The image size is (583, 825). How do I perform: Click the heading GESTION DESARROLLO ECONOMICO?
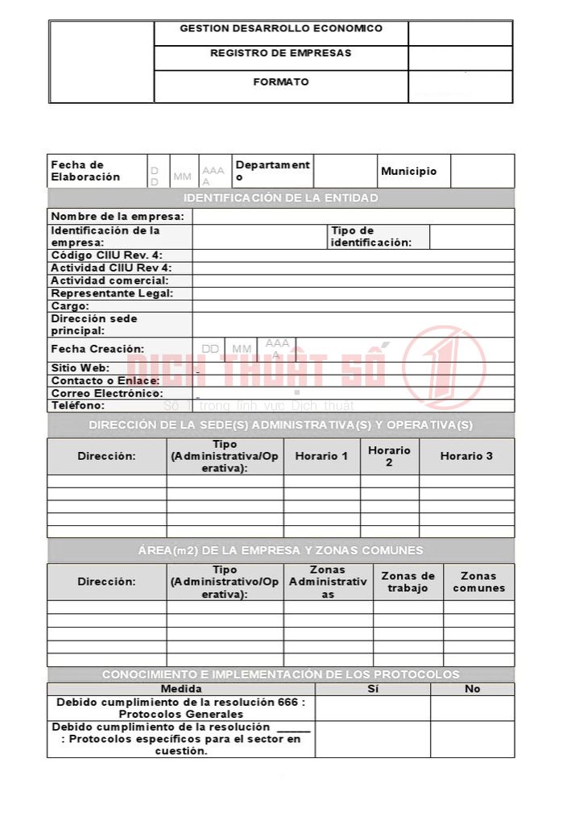click(280, 28)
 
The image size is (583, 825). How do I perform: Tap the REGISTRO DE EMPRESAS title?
click(280, 53)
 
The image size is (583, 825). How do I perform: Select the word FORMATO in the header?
click(280, 82)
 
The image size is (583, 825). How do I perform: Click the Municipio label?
click(409, 172)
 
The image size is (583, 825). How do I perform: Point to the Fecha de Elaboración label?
click(85, 171)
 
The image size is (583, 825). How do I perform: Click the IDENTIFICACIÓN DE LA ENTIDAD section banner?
click(280, 198)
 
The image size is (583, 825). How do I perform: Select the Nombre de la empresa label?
click(118, 217)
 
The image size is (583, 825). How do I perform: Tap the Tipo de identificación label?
click(370, 237)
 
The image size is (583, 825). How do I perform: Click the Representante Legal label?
click(112, 293)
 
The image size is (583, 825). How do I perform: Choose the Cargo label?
click(70, 306)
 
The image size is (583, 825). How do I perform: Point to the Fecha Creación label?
click(97, 349)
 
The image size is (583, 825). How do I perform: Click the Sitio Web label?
click(81, 368)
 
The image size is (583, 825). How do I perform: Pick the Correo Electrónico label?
click(107, 393)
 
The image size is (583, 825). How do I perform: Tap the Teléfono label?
click(78, 405)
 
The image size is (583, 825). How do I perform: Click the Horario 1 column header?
click(321, 456)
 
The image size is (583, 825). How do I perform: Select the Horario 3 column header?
click(466, 456)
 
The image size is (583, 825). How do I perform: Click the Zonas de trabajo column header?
click(407, 582)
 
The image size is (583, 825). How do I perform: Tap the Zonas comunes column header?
click(478, 582)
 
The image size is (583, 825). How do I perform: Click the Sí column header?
click(372, 689)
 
